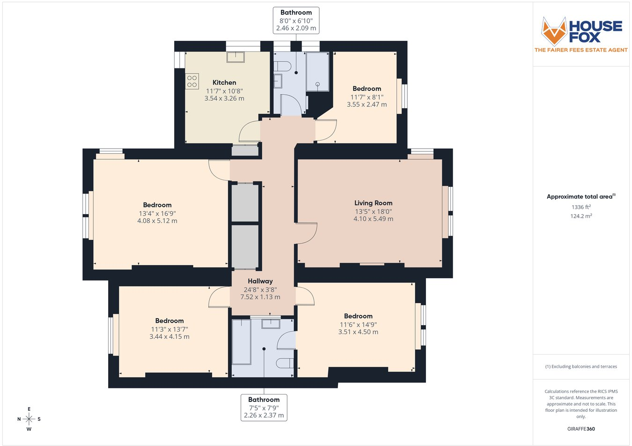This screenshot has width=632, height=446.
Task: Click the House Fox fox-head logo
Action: coord(554,31)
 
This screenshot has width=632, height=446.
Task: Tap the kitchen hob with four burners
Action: coord(192,82)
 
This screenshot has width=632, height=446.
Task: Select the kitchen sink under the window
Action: coord(235,57)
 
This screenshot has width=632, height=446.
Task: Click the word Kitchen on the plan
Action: coord(224,82)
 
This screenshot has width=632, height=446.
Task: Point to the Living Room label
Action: coord(373,203)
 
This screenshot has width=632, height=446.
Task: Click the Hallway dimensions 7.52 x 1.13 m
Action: coord(260,297)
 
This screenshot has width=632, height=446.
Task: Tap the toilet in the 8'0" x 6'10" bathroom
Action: coord(282,67)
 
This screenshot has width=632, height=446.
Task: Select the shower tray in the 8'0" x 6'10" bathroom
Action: coord(317,72)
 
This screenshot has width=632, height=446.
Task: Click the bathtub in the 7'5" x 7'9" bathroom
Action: coord(241,342)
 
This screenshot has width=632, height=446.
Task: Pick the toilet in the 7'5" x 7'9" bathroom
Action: coord(285,363)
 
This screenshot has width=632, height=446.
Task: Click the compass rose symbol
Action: coord(29,419)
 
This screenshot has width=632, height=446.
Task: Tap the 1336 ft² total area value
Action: coord(581,207)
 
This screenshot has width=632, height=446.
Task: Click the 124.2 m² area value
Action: coord(581,216)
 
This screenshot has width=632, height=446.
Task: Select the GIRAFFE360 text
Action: coord(581,429)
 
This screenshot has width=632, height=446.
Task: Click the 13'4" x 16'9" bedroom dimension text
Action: coord(157,214)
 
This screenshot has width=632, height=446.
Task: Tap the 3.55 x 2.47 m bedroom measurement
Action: coord(367,104)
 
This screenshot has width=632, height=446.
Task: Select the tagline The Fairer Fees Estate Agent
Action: coord(581,50)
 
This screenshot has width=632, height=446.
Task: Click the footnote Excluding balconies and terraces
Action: coord(581,366)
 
